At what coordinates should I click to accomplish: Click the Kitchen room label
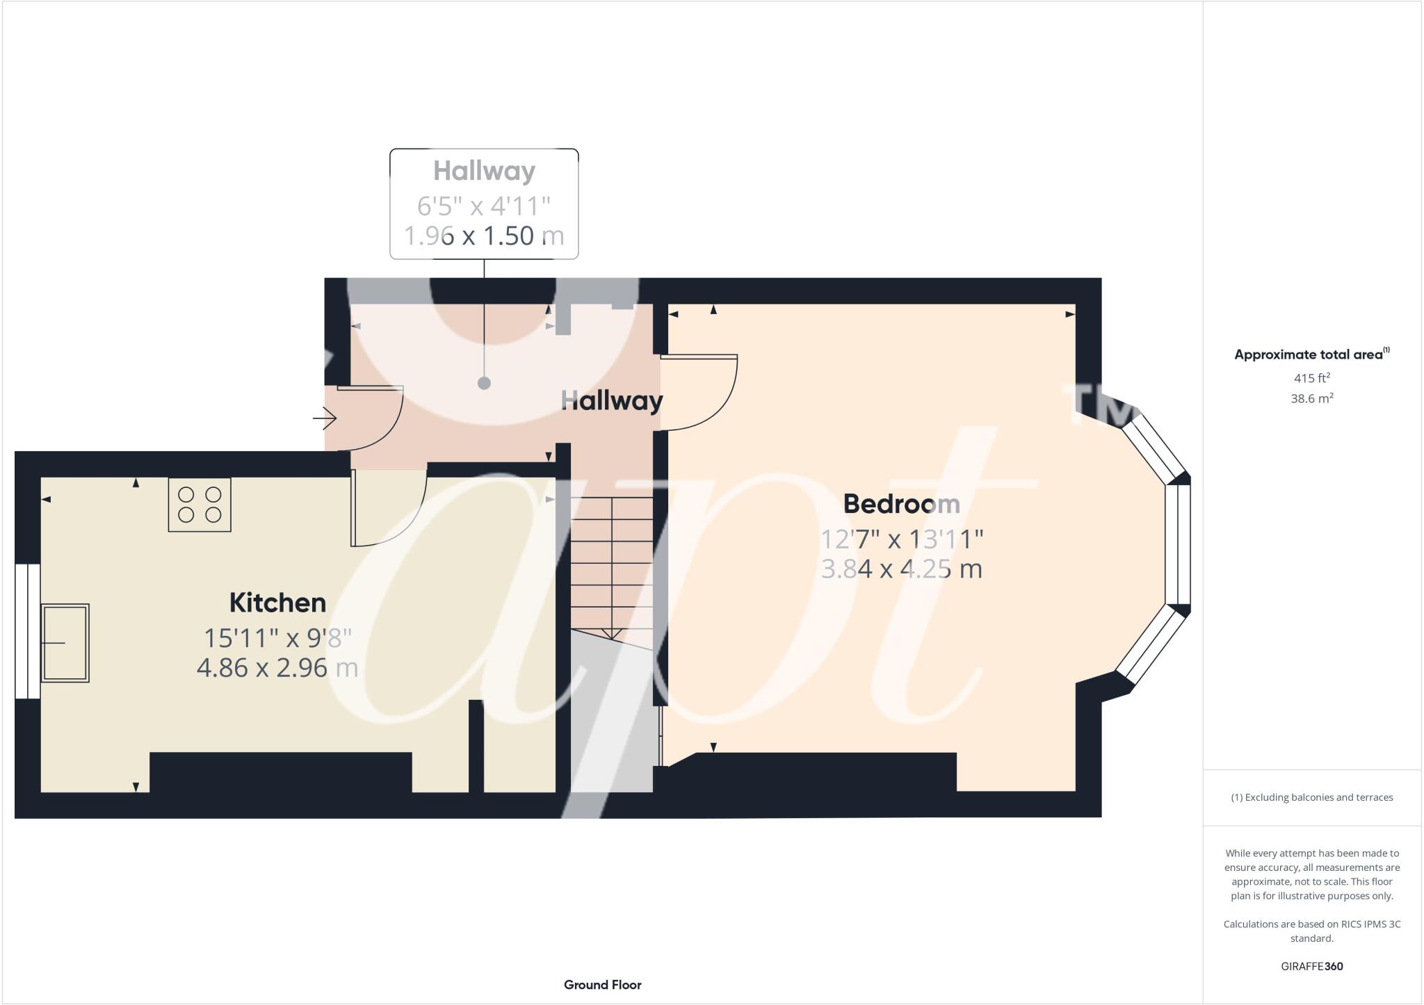tap(277, 603)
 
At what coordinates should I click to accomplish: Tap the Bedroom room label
tap(901, 504)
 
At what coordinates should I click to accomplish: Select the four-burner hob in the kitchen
tap(200, 505)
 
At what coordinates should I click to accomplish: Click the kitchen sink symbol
tap(65, 643)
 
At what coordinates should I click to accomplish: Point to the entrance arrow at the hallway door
tap(325, 418)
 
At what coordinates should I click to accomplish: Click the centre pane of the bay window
tap(1179, 544)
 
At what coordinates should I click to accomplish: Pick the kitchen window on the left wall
tap(28, 630)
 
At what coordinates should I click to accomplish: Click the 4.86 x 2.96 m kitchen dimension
tap(277, 668)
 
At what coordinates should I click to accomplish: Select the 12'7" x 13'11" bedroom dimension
tap(901, 539)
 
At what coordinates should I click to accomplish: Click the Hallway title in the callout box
tap(484, 171)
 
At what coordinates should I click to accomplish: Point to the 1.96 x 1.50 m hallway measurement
tap(484, 236)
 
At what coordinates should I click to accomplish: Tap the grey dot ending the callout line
tap(484, 384)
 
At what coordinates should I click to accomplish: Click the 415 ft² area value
tap(1311, 378)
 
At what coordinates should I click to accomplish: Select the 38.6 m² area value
tap(1311, 398)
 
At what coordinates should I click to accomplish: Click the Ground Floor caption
tap(602, 985)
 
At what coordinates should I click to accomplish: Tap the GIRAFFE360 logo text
tap(1311, 966)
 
